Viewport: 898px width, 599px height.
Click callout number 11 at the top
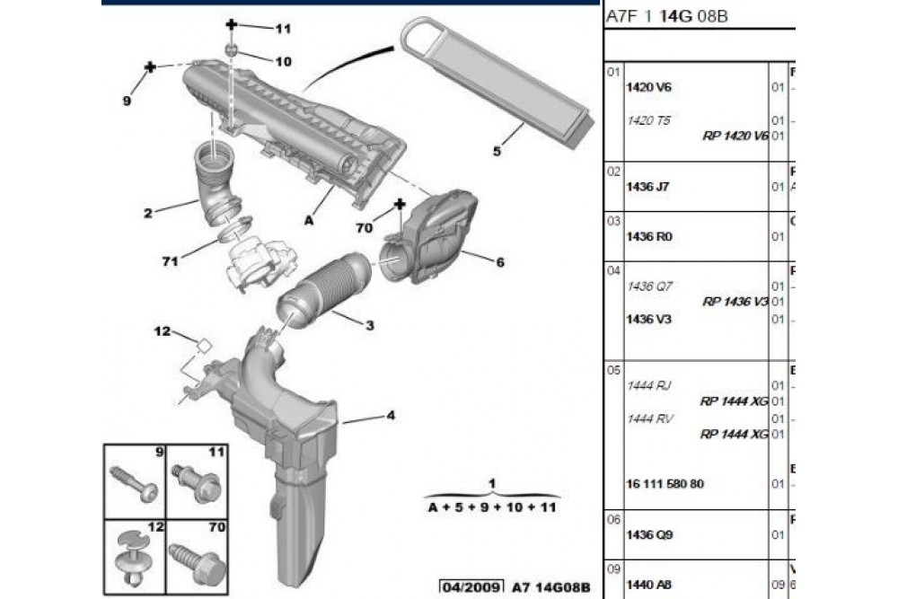[284, 29]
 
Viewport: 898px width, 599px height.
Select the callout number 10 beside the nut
[284, 62]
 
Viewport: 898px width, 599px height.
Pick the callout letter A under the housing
[310, 219]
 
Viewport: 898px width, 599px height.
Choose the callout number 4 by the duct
[391, 415]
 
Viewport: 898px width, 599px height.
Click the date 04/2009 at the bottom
[471, 586]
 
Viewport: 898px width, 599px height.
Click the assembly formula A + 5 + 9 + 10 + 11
[492, 507]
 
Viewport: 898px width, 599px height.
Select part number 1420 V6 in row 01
[643, 87]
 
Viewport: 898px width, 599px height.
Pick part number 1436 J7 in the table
[643, 187]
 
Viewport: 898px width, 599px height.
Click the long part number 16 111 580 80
[665, 484]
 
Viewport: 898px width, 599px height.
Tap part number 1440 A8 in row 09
[643, 584]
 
